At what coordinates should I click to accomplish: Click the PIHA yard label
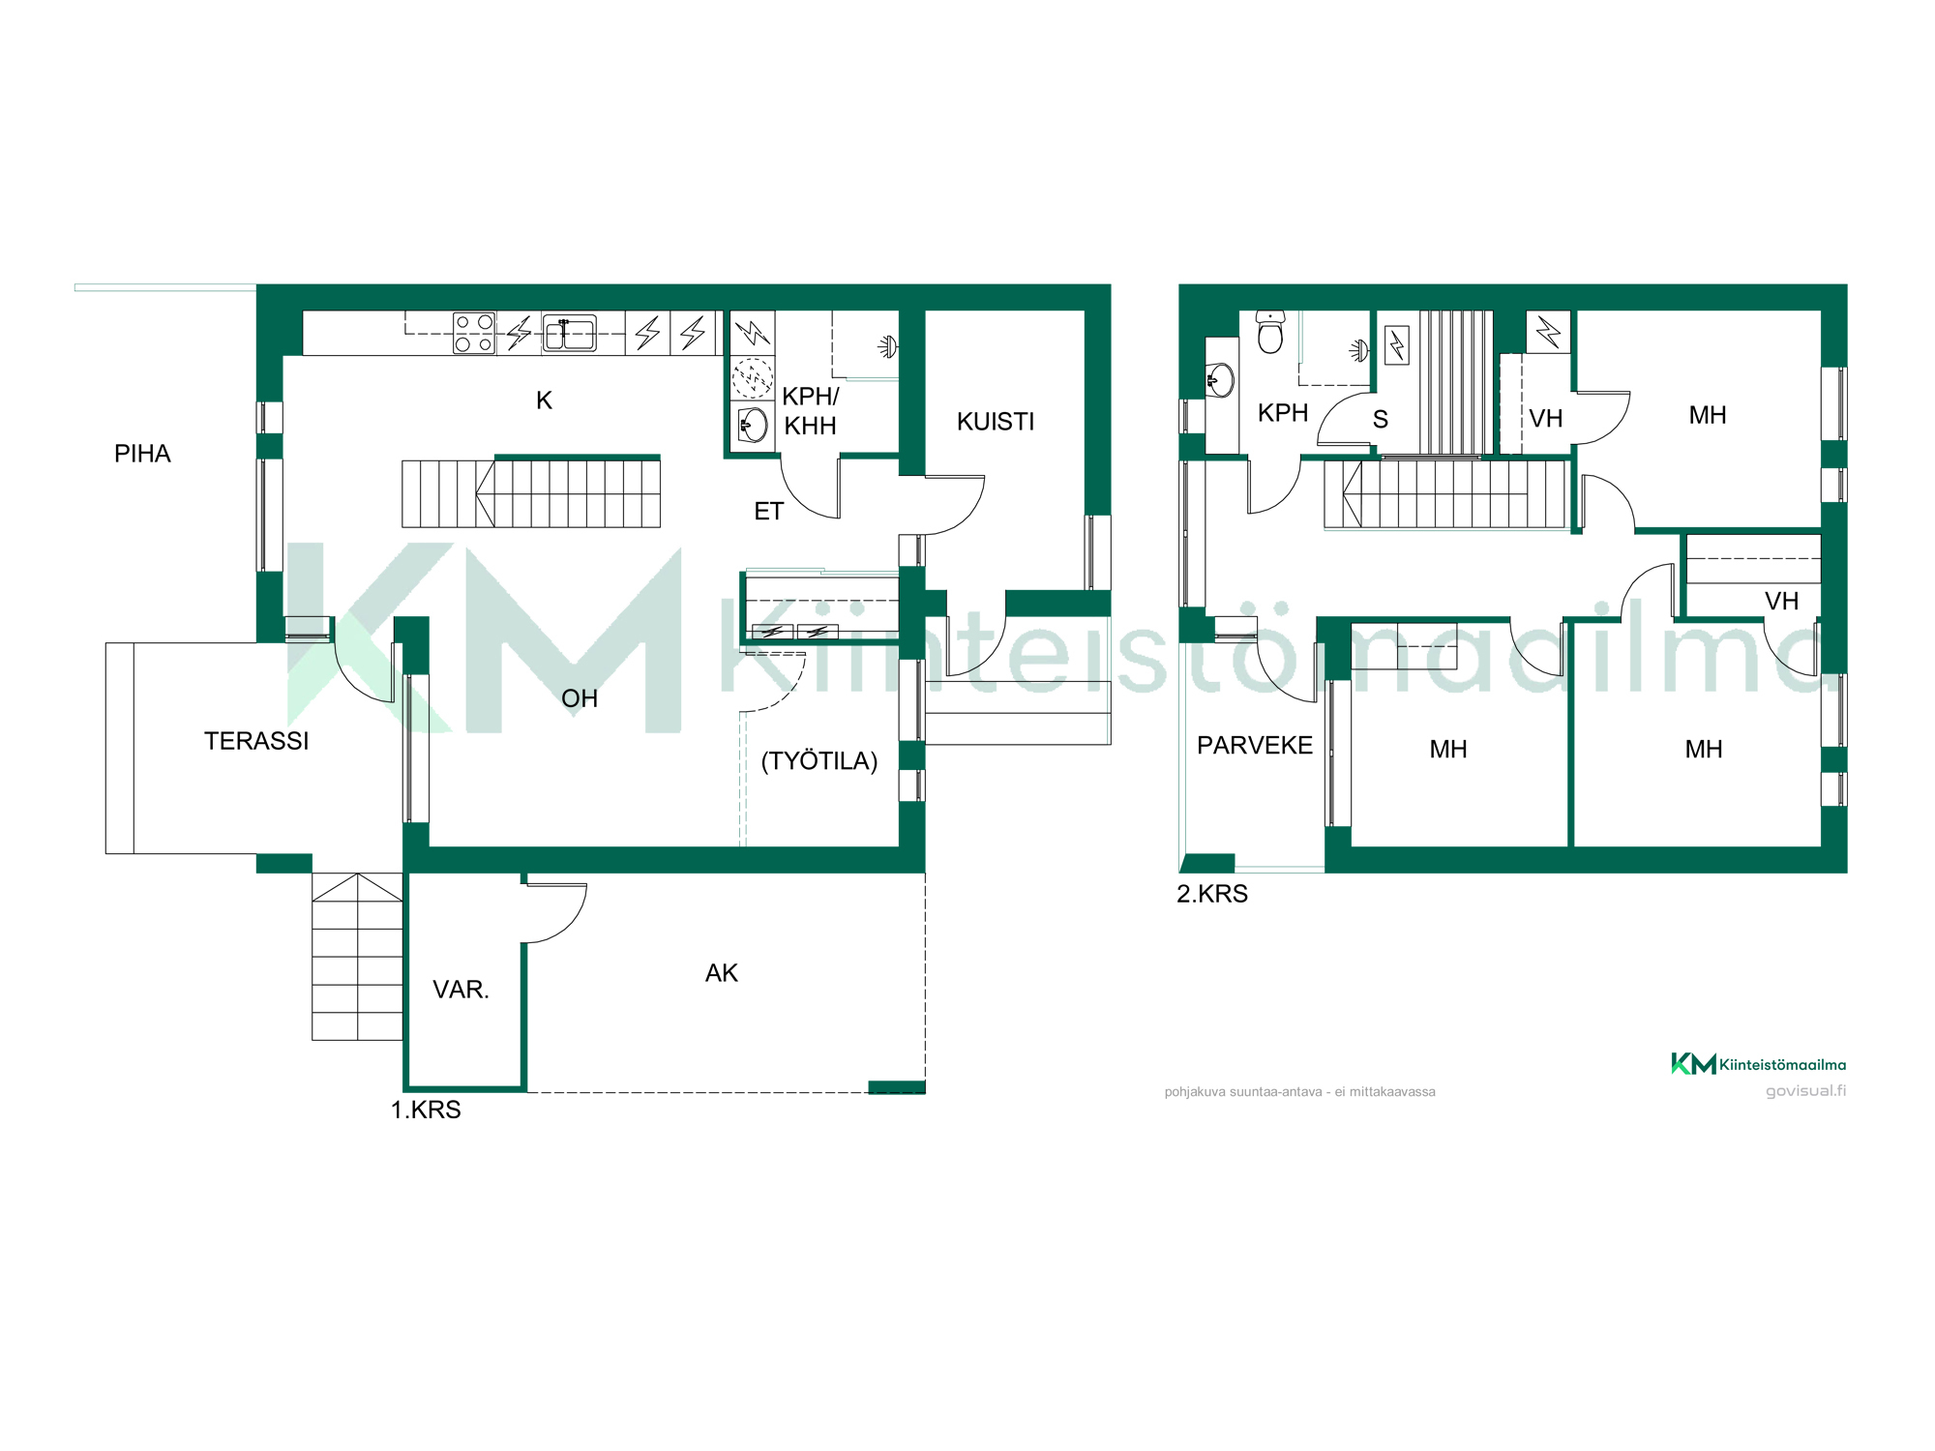(x=142, y=454)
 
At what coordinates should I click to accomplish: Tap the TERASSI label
(x=256, y=741)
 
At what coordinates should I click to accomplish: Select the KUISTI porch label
(x=996, y=422)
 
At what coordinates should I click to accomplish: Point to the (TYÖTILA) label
(x=819, y=761)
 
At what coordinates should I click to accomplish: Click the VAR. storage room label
(x=461, y=990)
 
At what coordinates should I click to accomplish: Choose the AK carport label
(x=722, y=973)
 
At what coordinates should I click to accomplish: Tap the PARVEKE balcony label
(x=1255, y=746)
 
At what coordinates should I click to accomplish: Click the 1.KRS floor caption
(x=426, y=1110)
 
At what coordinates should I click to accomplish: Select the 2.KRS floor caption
(x=1212, y=894)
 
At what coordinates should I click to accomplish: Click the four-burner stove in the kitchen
(x=474, y=333)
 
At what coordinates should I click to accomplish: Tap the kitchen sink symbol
(x=569, y=333)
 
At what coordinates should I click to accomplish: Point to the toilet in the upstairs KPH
(x=1270, y=332)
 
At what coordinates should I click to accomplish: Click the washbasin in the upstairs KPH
(x=1221, y=380)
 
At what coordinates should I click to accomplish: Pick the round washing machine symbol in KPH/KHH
(x=752, y=378)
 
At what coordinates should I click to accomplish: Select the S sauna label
(x=1381, y=420)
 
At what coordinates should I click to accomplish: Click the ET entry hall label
(x=769, y=512)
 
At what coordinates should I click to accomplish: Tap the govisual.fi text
(x=1805, y=1091)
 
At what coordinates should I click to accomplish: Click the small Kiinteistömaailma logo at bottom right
(x=1758, y=1064)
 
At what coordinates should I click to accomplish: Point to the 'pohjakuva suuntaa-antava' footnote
(x=1300, y=1092)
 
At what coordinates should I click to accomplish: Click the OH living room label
(x=580, y=698)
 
